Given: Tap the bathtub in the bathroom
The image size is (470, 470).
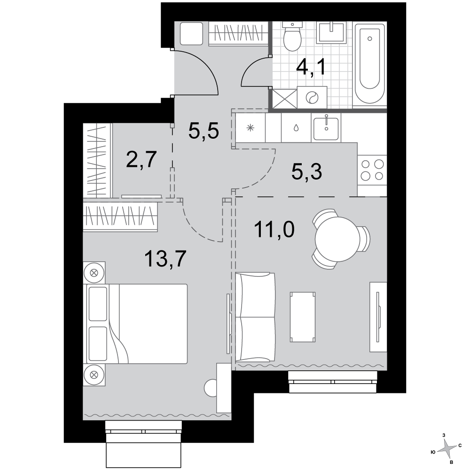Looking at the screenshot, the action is pyautogui.click(x=369, y=65).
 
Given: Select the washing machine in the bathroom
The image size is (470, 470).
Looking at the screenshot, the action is pyautogui.click(x=312, y=97).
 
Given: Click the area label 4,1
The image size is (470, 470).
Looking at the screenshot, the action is pyautogui.click(x=311, y=67).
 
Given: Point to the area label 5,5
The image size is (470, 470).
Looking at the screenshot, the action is pyautogui.click(x=204, y=131).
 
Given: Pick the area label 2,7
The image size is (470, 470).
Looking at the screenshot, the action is pyautogui.click(x=141, y=159).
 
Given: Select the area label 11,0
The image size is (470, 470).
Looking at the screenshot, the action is pyautogui.click(x=274, y=229).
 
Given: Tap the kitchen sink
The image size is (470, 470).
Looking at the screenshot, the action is pyautogui.click(x=326, y=129).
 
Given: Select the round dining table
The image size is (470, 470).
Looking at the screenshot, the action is pyautogui.click(x=337, y=239).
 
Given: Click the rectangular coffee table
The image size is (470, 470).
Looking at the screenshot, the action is pyautogui.click(x=303, y=317).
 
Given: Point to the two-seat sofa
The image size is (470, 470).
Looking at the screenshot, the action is pyautogui.click(x=255, y=317).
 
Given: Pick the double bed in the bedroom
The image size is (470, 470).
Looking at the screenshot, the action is pyautogui.click(x=137, y=324).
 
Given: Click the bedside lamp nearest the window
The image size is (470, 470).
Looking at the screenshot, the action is pyautogui.click(x=94, y=375).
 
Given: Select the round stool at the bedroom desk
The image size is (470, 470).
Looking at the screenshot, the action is pyautogui.click(x=211, y=388).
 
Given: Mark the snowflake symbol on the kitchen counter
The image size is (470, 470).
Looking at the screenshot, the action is pyautogui.click(x=251, y=128).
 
